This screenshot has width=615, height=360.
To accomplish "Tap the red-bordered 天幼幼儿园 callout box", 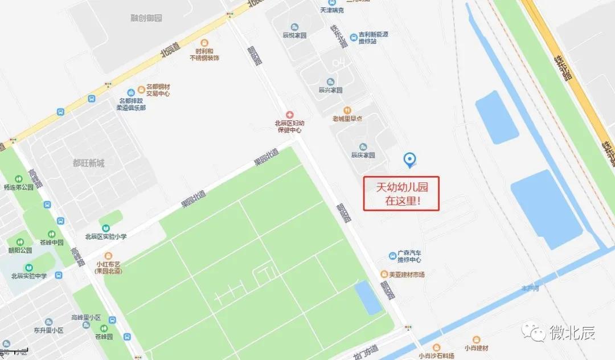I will click(401, 194).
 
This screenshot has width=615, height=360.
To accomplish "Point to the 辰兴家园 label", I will click(330, 90).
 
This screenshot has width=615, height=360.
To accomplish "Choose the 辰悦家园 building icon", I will click(295, 27).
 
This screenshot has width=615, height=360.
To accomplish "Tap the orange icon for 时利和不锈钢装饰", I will click(204, 43).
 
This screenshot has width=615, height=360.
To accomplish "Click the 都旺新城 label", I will click(88, 163).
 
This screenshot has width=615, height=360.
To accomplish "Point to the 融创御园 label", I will click(146, 18).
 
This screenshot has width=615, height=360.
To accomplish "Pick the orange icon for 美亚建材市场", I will click(384, 275).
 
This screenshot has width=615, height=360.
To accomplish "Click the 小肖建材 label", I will click(477, 348).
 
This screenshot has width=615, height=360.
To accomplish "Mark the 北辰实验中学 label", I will click(28, 276).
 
